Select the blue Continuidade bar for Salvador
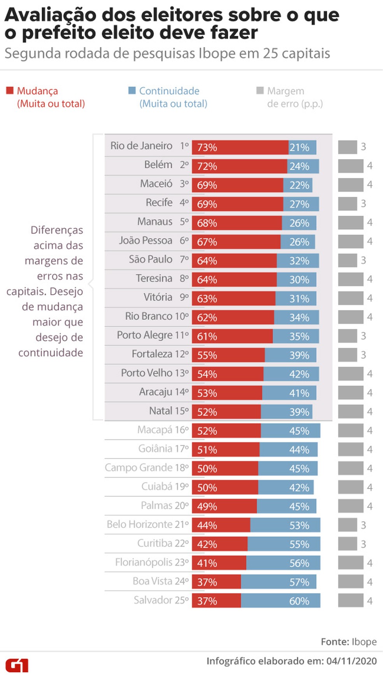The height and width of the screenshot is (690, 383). tap(280, 600)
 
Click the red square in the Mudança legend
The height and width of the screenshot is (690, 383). tap(10, 91)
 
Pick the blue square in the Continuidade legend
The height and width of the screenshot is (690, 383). tap(132, 91)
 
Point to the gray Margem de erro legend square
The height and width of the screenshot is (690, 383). tap(260, 91)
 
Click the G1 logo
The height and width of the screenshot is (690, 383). tap(17, 665)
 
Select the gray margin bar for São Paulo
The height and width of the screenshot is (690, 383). tap(347, 260)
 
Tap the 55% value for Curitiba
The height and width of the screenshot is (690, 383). tap(299, 544)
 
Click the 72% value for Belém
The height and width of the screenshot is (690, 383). tap(207, 166)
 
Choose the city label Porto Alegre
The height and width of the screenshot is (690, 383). tap(144, 335)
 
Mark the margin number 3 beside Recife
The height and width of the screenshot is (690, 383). tap(363, 203)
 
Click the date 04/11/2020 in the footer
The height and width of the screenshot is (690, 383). tap(351, 661)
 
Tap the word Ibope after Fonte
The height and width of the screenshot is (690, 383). tap(364, 642)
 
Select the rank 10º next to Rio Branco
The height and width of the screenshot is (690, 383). tap(182, 316)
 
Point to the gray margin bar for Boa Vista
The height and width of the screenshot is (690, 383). tap(350, 582)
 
